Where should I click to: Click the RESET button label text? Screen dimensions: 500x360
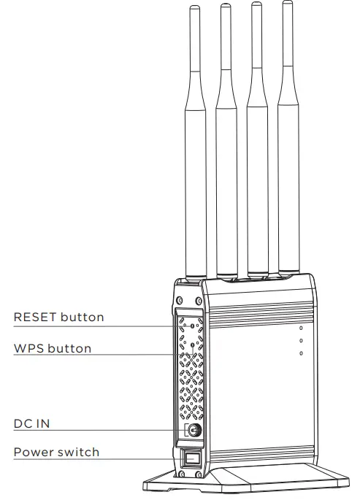click(x=59, y=317)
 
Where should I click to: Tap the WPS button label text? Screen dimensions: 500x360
click(x=53, y=348)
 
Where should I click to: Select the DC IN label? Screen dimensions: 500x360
click(x=32, y=423)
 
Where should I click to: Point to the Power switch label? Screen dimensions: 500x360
click(x=56, y=452)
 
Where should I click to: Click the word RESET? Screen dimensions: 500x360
click(x=34, y=317)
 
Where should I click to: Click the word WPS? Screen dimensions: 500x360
click(x=28, y=348)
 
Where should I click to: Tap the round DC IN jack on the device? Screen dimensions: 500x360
click(x=194, y=431)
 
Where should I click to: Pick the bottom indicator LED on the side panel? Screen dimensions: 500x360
click(x=302, y=354)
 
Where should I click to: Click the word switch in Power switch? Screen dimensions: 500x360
click(x=79, y=452)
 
